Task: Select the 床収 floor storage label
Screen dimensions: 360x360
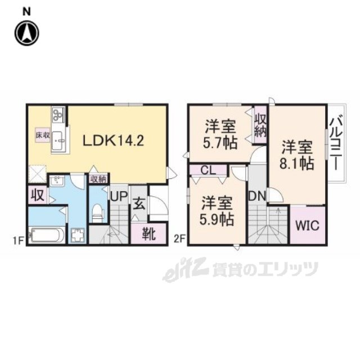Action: coord(43,136)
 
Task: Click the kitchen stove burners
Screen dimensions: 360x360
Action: coord(58,115)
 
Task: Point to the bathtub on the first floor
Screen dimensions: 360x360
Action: coord(47,234)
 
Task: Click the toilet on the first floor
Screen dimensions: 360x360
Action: coord(98,213)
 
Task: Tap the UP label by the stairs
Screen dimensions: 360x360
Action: coord(119,197)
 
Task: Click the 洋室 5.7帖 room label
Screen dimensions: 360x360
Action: coord(219,134)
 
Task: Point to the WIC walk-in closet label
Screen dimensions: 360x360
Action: coord(307,227)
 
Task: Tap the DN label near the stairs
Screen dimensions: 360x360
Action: coord(258,197)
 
